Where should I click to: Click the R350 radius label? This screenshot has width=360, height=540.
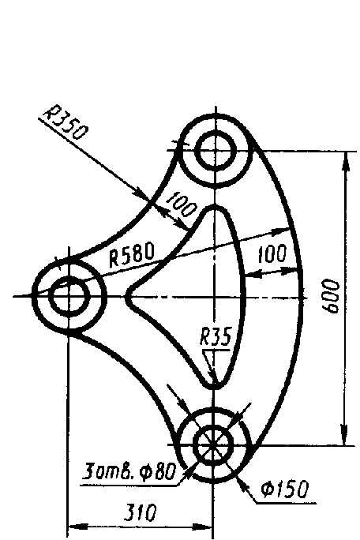tap(64, 124)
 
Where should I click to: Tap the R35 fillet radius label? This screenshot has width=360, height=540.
tap(216, 336)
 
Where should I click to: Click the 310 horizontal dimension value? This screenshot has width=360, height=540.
tap(140, 513)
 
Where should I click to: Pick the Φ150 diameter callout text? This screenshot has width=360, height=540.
tap(284, 489)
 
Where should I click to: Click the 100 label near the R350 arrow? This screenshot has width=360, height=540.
tap(181, 205)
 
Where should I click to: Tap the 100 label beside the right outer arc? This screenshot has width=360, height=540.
tap(272, 254)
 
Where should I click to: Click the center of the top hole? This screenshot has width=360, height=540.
tap(216, 151)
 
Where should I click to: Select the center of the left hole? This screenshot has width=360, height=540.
tap(69, 295)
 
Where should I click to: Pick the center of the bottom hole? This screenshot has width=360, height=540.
tap(214, 445)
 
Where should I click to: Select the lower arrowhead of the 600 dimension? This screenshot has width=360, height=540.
tap(344, 435)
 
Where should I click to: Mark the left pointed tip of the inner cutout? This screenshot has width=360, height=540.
tap(126, 296)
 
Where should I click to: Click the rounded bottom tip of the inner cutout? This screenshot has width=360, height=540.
tap(214, 388)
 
